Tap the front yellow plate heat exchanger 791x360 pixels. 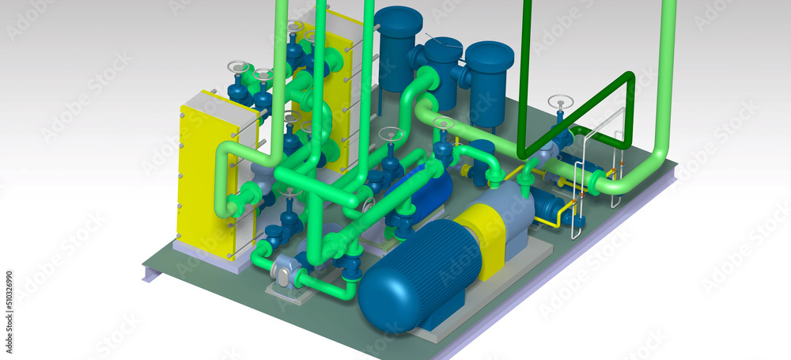tap(202, 178)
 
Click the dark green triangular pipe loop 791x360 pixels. tap(581, 111)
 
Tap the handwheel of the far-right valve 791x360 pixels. tap(560, 101)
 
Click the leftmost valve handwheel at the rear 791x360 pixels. tap(237, 67)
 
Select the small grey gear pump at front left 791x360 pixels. tap(284, 272)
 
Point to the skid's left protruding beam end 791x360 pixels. tap(151, 273)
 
